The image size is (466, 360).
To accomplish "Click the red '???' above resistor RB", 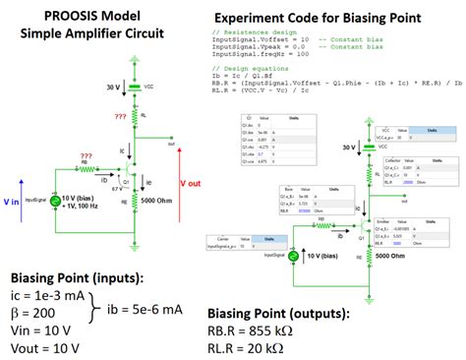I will point(87,153).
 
